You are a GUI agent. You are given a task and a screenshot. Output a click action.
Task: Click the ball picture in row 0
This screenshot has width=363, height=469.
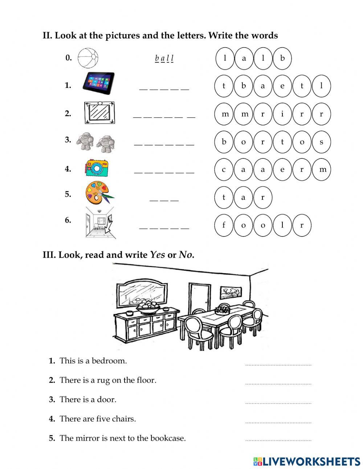pyautogui.click(x=88, y=58)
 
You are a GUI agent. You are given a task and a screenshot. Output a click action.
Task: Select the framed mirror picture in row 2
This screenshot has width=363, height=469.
pyautogui.click(x=99, y=112)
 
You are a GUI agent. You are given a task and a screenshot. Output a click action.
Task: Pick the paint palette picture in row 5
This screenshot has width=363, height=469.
pyautogui.click(x=98, y=194)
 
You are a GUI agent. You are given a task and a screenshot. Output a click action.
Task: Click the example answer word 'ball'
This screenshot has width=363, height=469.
pyautogui.click(x=164, y=58)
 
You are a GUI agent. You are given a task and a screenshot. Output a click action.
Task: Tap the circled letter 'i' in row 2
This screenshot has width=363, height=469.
pyautogui.click(x=282, y=114)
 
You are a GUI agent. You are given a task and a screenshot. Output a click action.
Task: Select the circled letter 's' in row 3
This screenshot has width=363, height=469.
pyautogui.click(x=321, y=142)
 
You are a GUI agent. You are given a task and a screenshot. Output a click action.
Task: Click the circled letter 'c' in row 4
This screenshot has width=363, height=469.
pyautogui.click(x=224, y=169)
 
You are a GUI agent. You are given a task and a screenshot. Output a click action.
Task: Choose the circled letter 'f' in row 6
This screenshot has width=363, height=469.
pyautogui.click(x=224, y=225)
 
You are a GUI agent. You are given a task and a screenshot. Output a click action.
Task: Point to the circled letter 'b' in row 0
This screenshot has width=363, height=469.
pyautogui.click(x=282, y=58)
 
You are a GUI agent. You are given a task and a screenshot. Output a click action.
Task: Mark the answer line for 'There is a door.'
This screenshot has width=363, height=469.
pyautogui.click(x=278, y=402)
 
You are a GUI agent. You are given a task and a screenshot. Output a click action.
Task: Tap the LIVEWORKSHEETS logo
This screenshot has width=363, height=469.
pyautogui.click(x=307, y=461)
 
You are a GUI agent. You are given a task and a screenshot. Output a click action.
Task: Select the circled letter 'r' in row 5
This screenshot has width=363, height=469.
pyautogui.click(x=263, y=197)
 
